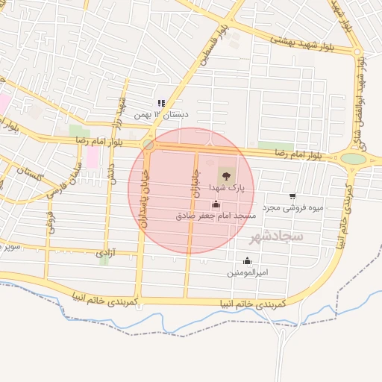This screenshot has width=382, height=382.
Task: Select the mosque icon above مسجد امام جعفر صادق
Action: tap(216, 204)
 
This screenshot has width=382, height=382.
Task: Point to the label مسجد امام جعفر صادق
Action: tap(216, 216)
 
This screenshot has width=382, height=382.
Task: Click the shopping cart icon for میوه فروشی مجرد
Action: tap(292, 196)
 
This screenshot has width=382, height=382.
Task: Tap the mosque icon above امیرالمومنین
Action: tap(247, 260)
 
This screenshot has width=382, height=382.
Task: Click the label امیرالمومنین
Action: tap(247, 272)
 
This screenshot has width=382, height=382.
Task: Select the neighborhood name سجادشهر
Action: tap(276, 236)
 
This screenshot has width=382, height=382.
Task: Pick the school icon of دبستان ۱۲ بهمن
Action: tap(160, 104)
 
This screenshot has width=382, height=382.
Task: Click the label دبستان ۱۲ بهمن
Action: tap(161, 116)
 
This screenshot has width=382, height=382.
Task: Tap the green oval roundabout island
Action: tap(354, 158)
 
